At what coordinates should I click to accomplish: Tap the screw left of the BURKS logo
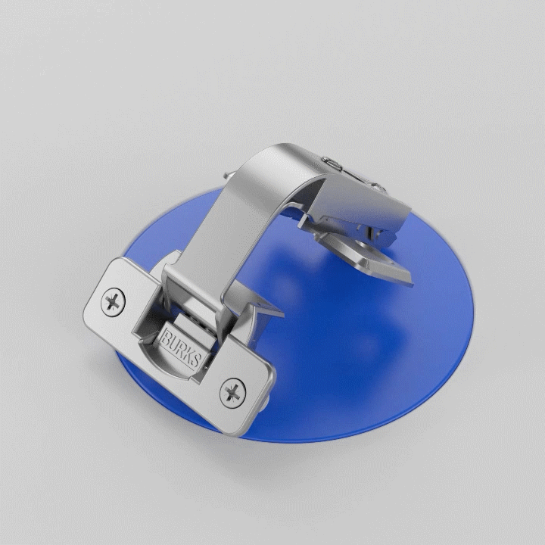pos(113,302)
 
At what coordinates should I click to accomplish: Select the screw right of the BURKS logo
pos(232,393)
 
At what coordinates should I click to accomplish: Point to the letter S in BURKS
pos(195,360)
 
